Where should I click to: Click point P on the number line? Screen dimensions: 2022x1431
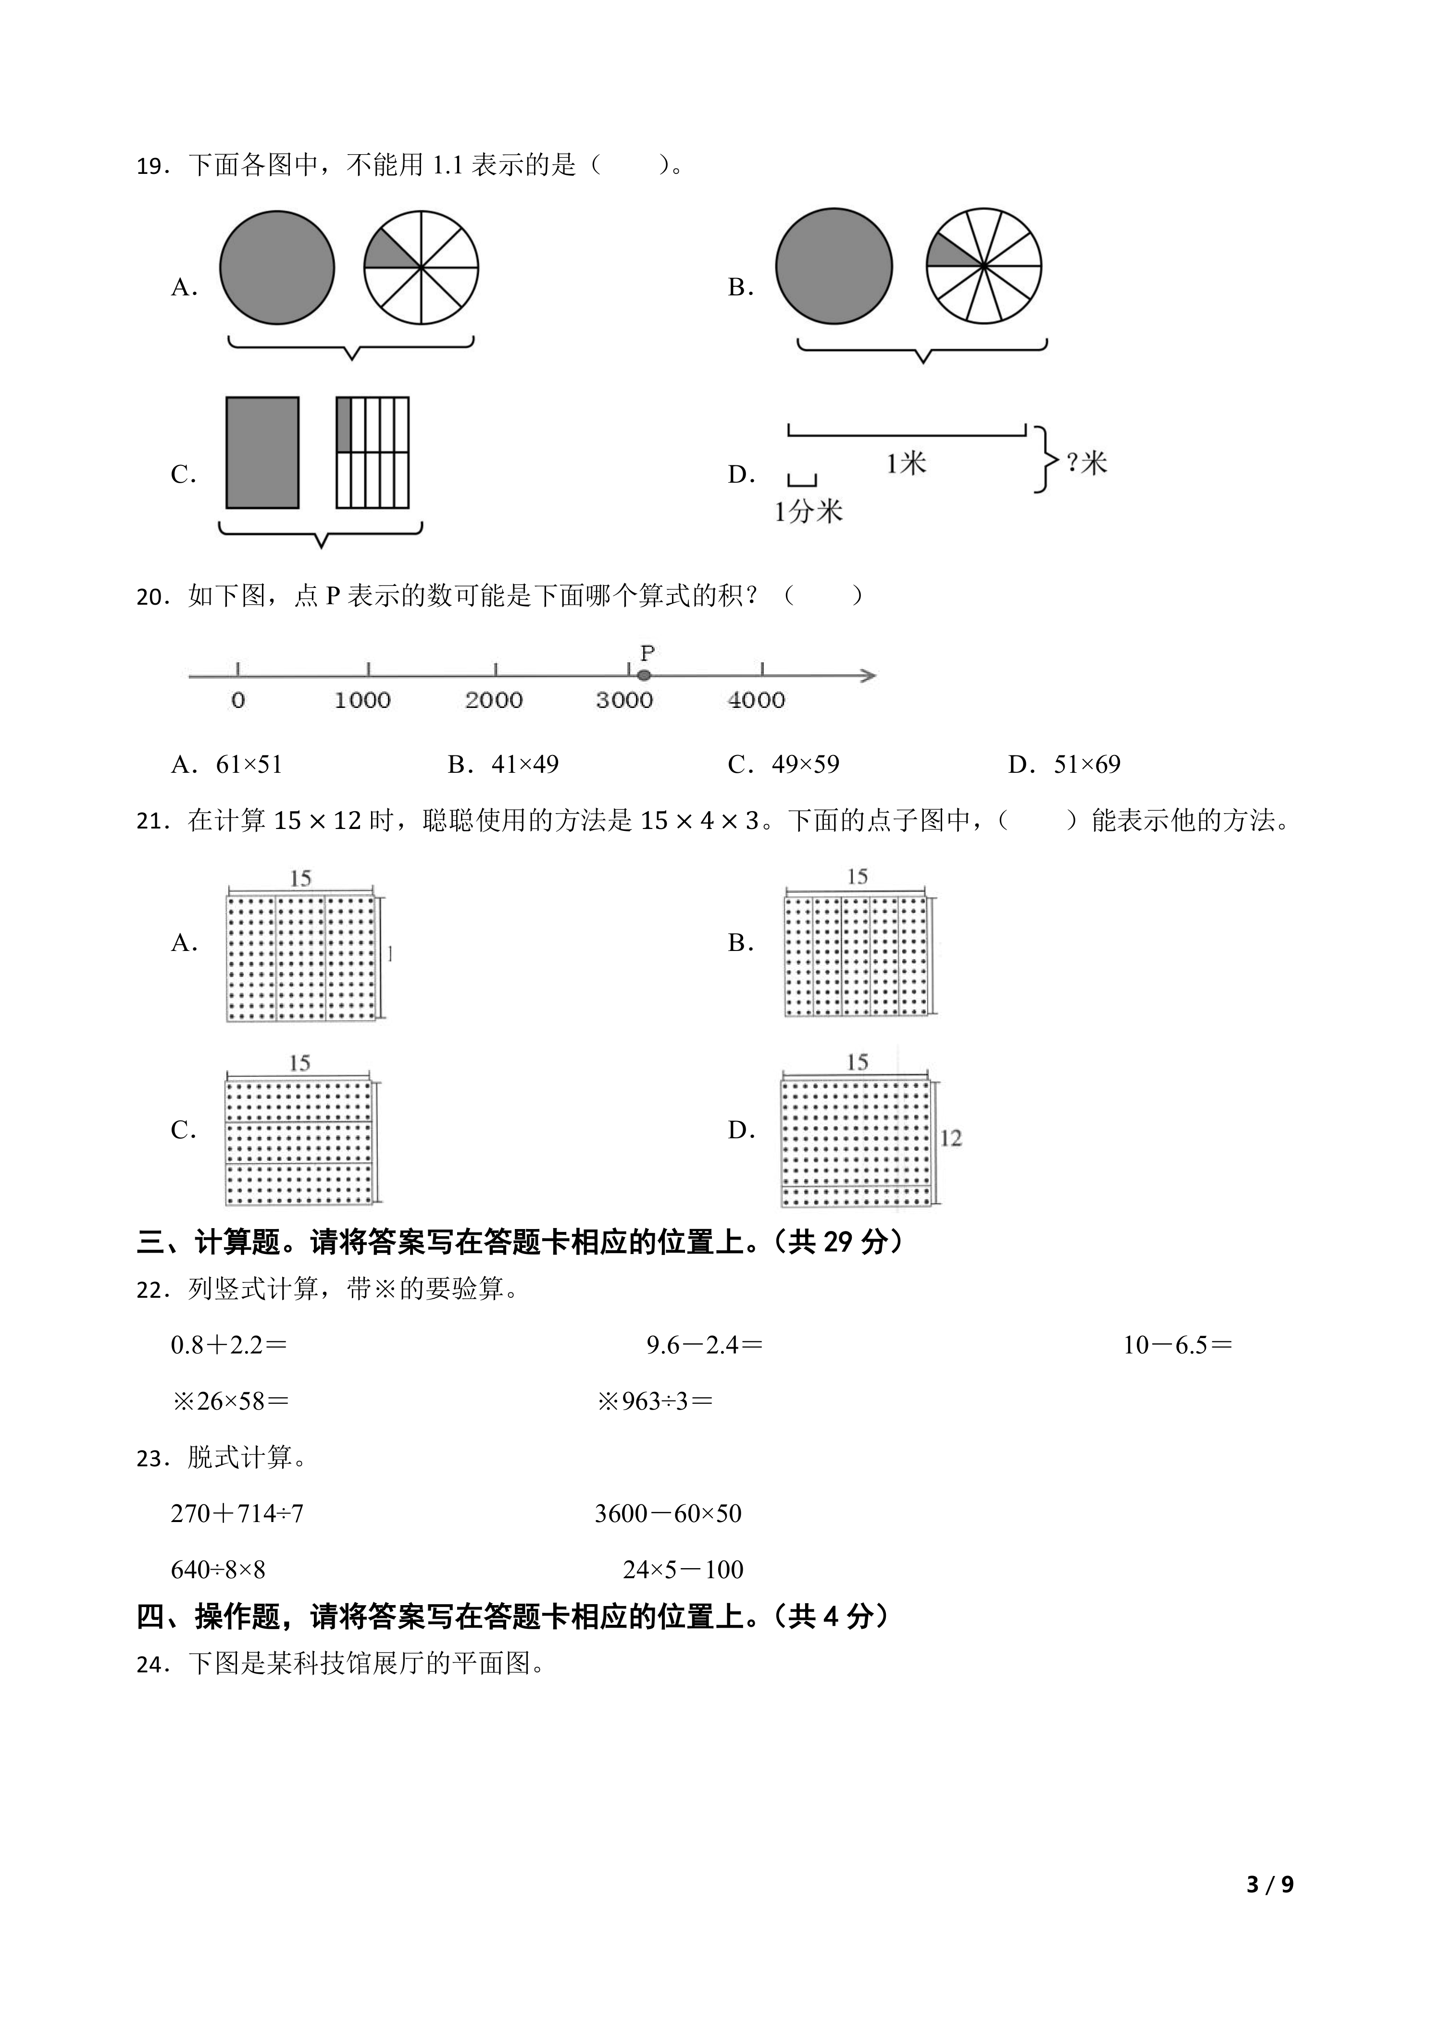pos(644,675)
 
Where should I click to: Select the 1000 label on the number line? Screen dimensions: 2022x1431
pos(362,701)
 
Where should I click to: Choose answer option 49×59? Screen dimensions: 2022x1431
pos(805,765)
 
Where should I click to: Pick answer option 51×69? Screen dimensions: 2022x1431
pos(1086,765)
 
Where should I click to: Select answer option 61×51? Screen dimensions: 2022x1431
pos(249,765)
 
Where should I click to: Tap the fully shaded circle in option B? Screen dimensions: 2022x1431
pos(834,266)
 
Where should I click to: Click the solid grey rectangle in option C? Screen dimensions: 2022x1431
pos(262,452)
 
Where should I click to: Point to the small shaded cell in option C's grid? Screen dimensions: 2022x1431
pos(344,425)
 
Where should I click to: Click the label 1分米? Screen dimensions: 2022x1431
pos(808,512)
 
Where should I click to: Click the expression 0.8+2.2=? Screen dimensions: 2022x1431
pos(229,1345)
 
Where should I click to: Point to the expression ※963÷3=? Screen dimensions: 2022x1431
pos(655,1401)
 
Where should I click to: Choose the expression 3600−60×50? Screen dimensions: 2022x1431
pos(668,1514)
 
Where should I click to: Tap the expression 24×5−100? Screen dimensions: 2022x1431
pos(683,1570)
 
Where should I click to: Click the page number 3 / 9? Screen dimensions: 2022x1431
pos(1270,1909)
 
